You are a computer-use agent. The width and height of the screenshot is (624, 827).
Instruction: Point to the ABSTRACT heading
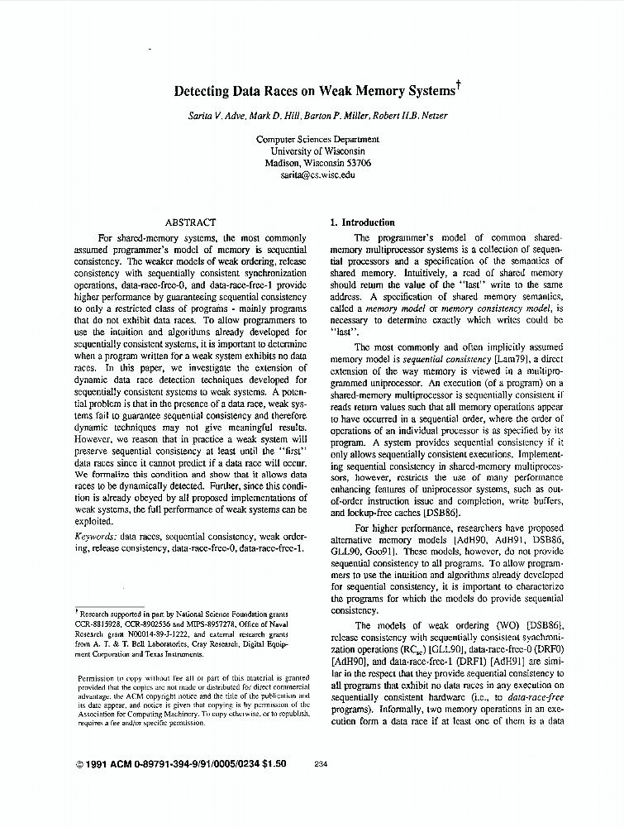[191, 222]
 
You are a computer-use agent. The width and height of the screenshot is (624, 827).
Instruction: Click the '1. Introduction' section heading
[362, 222]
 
